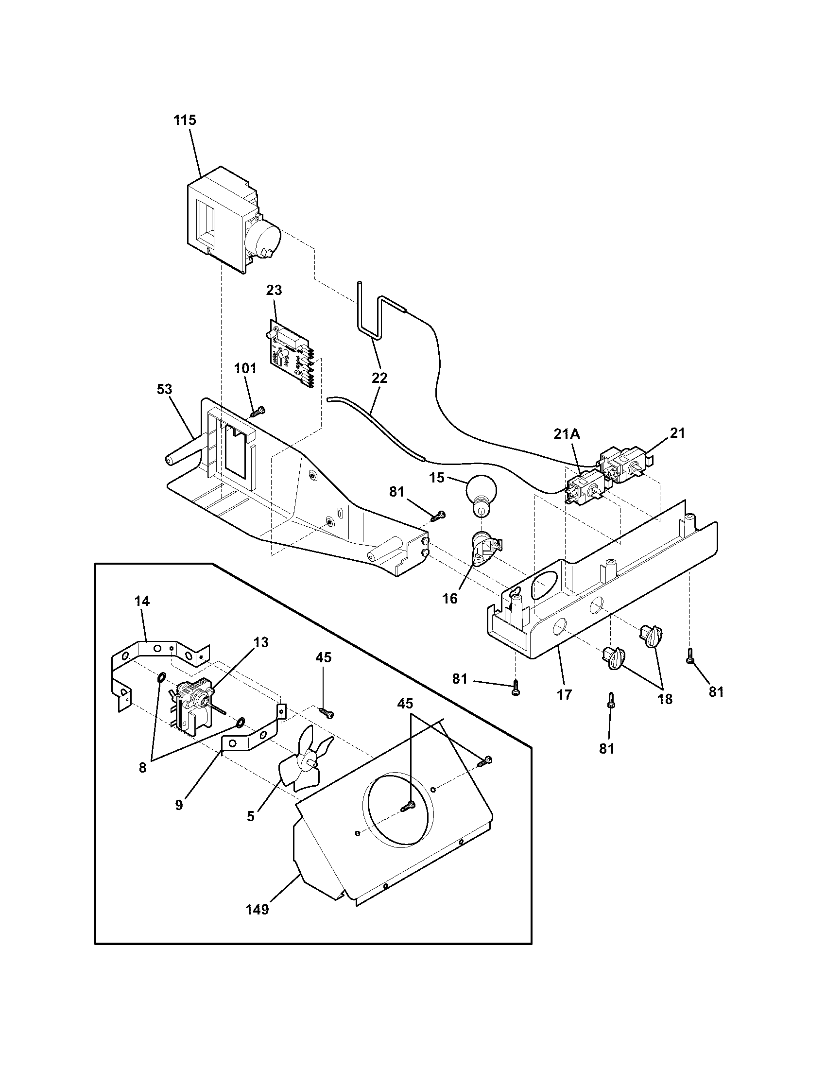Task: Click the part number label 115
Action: point(185,120)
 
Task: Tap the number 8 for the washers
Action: point(142,767)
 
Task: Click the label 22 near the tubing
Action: point(379,378)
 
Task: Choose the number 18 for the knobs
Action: point(665,699)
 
